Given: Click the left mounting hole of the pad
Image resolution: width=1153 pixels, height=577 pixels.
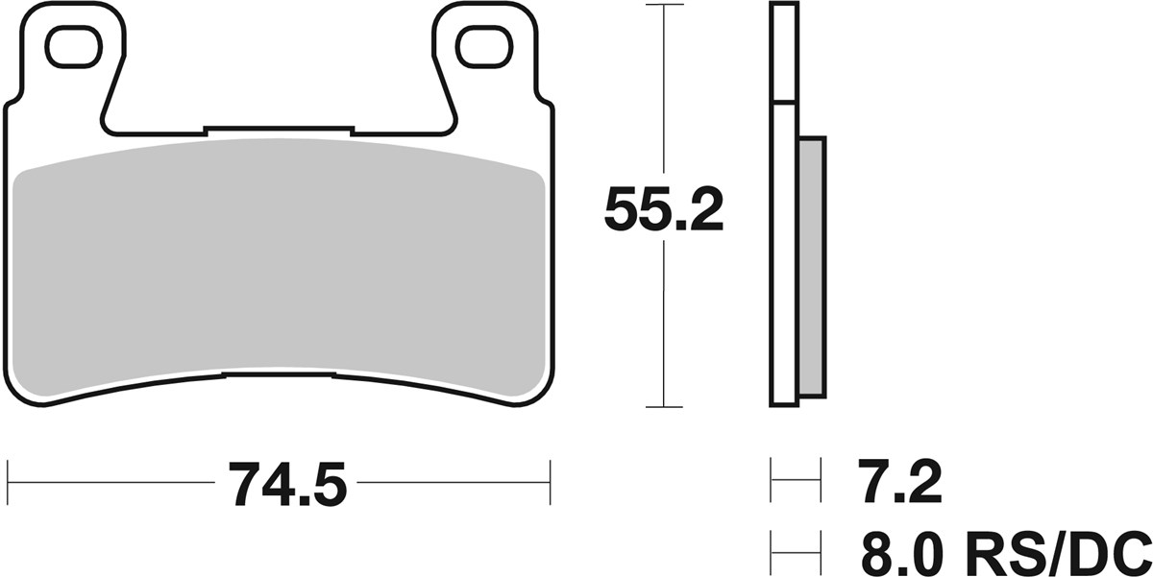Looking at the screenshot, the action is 74,48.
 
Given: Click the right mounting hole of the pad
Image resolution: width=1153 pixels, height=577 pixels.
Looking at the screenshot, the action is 484,48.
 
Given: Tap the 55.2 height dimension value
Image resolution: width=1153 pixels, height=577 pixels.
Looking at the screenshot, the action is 664,210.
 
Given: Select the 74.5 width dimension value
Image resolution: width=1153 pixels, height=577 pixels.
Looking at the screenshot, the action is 286,485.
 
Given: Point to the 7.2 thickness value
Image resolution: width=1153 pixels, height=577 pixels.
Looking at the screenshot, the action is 899,481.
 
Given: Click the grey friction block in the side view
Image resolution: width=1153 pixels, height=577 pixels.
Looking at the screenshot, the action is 812,268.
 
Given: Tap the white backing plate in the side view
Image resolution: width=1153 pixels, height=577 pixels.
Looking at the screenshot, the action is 784,254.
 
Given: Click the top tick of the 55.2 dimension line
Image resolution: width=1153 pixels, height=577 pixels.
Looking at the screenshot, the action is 664,5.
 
